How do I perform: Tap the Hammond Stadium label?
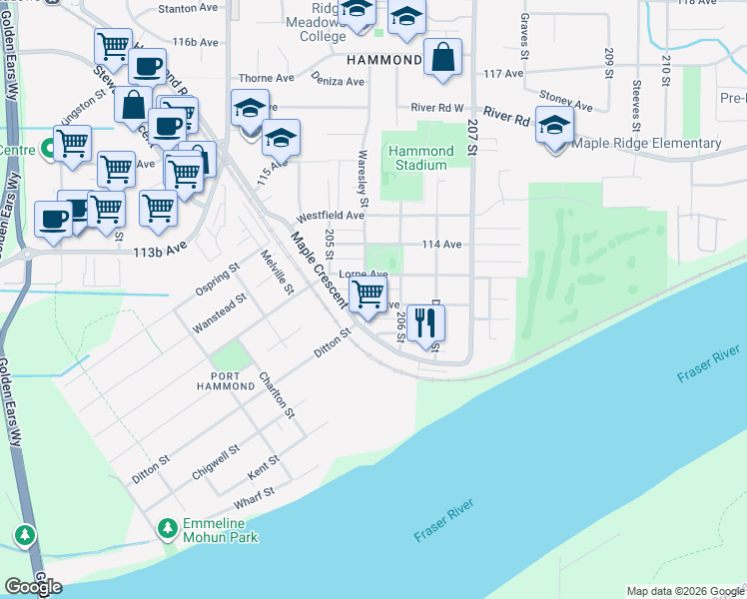click(x=420, y=158)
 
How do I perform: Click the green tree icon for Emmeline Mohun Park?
click(x=168, y=526)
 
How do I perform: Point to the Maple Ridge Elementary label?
click(x=647, y=143)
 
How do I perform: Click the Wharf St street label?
click(x=254, y=496)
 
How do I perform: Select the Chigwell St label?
click(x=217, y=462)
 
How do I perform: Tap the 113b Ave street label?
click(x=161, y=253)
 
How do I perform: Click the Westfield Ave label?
click(x=329, y=215)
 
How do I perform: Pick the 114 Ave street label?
click(x=441, y=244)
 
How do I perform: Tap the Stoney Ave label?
click(x=566, y=98)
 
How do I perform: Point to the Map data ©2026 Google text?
click(x=684, y=591)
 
